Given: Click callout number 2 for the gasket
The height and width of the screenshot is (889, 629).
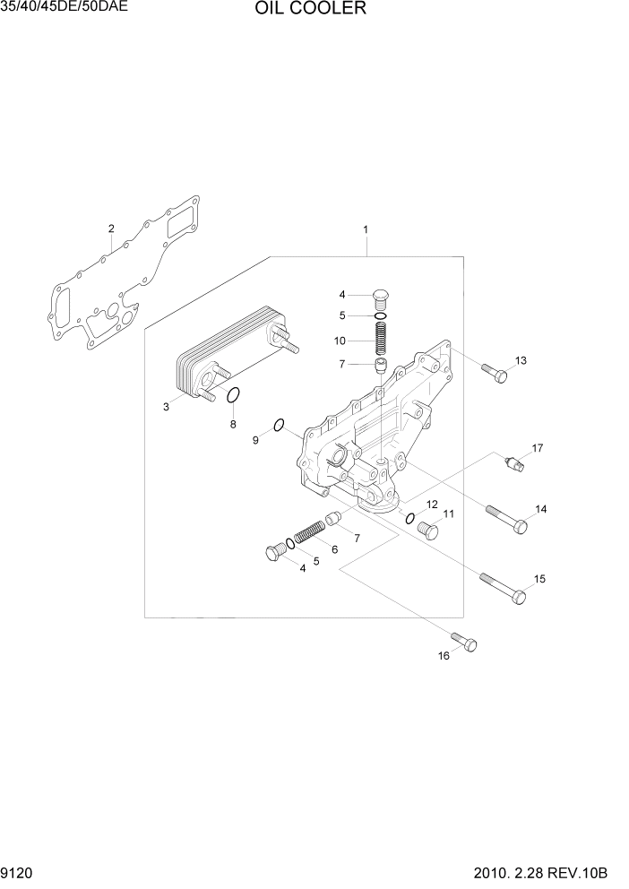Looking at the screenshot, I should [111, 229].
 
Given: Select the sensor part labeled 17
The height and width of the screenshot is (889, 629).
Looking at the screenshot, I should [514, 462].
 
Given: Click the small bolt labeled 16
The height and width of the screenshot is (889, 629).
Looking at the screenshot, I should [465, 642].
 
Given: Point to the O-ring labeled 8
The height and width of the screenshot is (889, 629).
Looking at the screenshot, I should [234, 396].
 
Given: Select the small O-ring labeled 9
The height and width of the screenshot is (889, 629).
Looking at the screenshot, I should [279, 425].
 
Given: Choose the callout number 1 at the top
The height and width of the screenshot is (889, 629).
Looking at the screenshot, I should [366, 229].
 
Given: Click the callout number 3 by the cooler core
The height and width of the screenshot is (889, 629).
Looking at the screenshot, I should [167, 407].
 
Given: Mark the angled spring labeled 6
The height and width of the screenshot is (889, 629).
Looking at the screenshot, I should [310, 535].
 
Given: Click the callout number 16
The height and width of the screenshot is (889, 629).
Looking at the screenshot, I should [443, 657].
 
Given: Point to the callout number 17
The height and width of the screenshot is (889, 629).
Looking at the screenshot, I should [538, 447].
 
